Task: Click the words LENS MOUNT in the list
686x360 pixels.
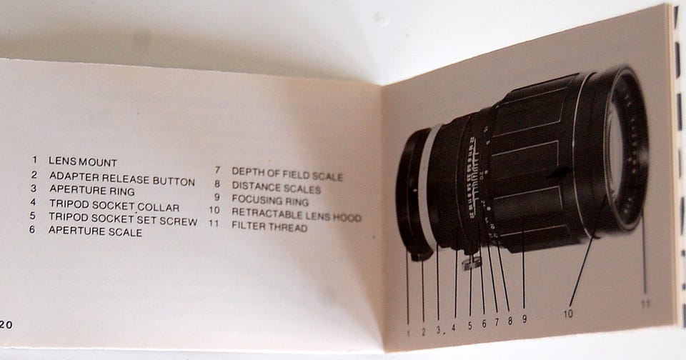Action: [83, 161]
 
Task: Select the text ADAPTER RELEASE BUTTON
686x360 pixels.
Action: [122, 179]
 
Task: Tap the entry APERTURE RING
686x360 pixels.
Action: [92, 190]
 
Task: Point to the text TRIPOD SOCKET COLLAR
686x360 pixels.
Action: [114, 205]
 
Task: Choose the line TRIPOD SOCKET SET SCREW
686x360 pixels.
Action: [123, 219]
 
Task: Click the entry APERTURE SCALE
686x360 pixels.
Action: [95, 231]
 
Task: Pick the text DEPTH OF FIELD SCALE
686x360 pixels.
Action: [287, 174]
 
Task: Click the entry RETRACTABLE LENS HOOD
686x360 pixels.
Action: [297, 214]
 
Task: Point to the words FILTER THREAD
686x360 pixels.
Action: [269, 226]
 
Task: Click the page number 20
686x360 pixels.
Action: [6, 326]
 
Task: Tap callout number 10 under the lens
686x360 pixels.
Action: [568, 314]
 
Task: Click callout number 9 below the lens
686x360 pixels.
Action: [524, 319]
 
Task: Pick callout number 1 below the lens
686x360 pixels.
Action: [409, 334]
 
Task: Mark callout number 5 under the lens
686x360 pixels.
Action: [470, 326]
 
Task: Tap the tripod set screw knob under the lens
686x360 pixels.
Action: [471, 262]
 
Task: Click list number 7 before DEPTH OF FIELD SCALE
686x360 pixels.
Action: [217, 170]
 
